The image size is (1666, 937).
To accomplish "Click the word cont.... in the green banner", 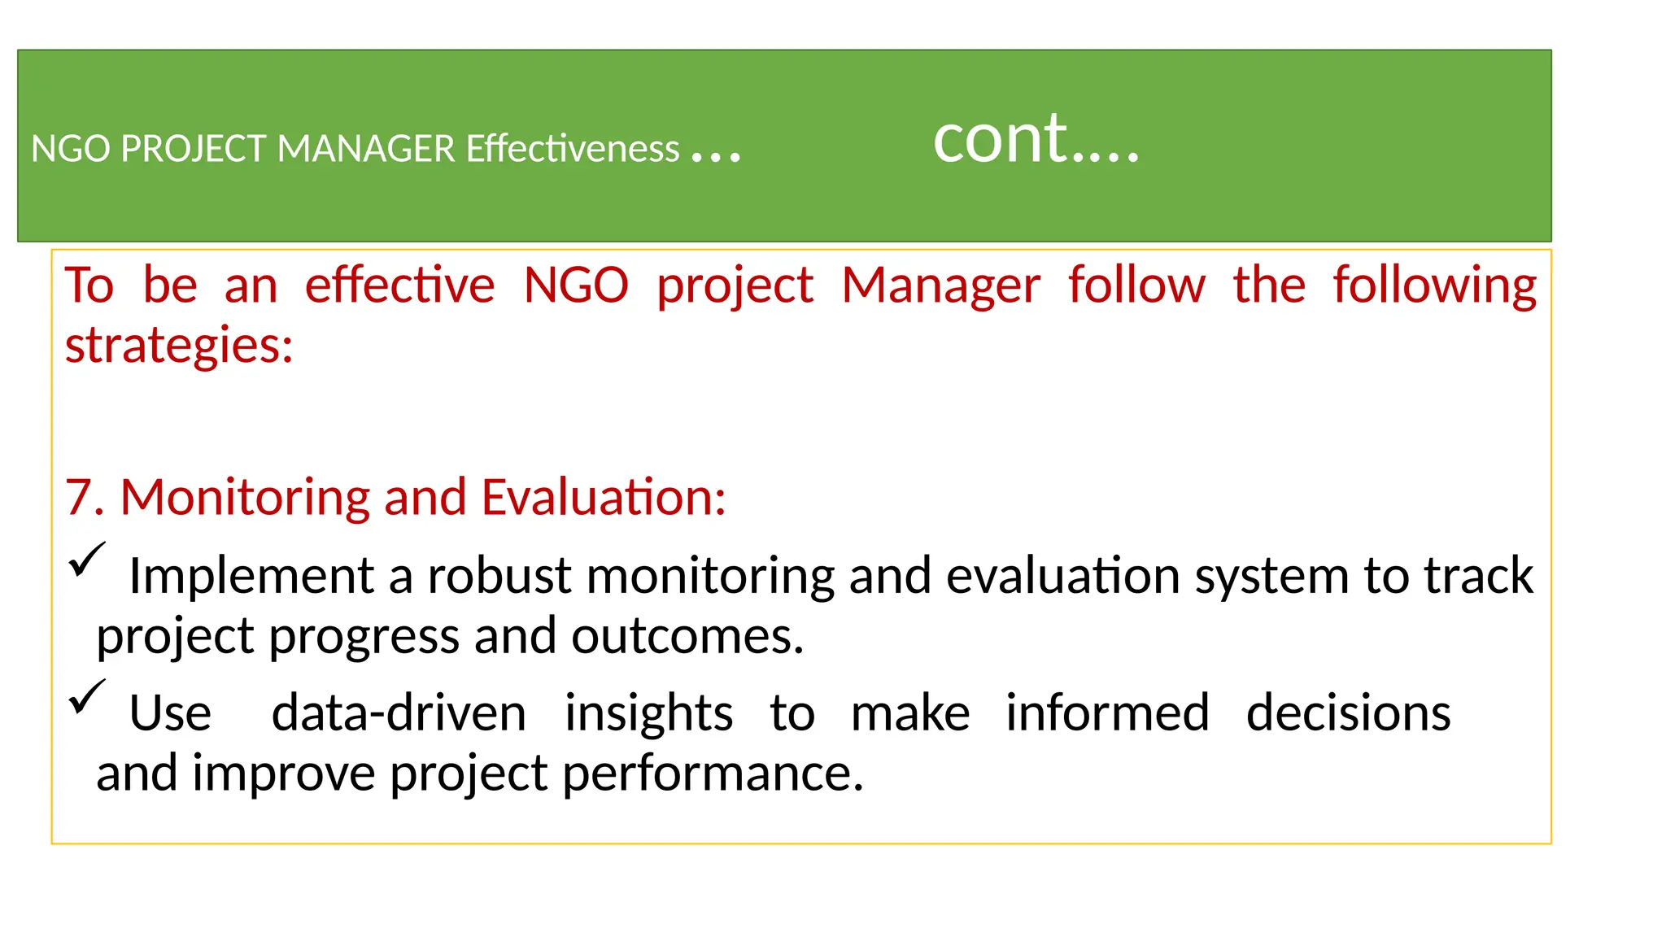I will click(x=1036, y=140).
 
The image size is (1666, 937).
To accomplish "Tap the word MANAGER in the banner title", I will click(x=366, y=150).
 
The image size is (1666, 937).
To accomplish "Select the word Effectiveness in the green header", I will click(x=573, y=150).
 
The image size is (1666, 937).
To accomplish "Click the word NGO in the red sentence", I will click(x=576, y=286).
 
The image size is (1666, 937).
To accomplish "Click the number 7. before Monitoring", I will click(x=84, y=498).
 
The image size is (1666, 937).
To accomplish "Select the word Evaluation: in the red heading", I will click(x=603, y=498).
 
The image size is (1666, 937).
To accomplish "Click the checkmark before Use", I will click(x=86, y=697).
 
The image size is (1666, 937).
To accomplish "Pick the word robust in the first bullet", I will click(x=499, y=577).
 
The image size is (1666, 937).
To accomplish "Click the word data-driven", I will click(x=399, y=714).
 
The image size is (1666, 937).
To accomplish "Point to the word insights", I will click(x=648, y=714).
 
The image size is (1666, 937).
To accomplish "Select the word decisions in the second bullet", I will click(x=1348, y=714).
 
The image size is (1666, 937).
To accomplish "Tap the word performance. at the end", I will click(x=713, y=774).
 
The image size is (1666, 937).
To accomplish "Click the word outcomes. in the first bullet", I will click(x=687, y=637).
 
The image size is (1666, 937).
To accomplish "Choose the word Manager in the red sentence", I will click(x=940, y=286).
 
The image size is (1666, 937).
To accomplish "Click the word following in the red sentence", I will click(x=1434, y=286).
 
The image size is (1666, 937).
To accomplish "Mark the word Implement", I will click(x=251, y=577).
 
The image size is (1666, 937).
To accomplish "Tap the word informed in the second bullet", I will click(x=1107, y=714).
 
